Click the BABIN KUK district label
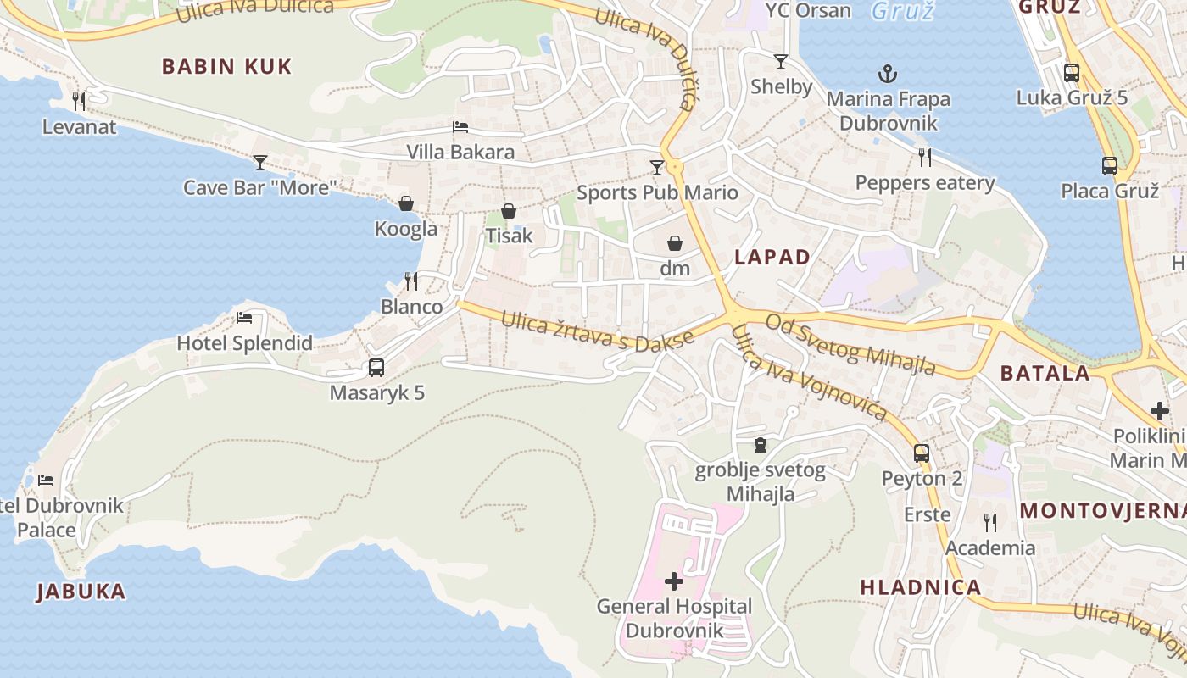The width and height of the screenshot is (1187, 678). click(226, 67)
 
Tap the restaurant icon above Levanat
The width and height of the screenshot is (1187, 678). click(79, 102)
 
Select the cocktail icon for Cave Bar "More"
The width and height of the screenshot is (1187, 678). click(259, 162)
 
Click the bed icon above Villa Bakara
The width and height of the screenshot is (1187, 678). click(460, 127)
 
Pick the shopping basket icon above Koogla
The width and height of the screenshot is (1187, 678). click(406, 203)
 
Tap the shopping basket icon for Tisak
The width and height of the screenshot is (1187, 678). click(508, 210)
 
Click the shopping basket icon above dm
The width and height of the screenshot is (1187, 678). click(675, 244)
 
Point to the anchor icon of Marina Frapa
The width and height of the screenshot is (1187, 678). click(888, 74)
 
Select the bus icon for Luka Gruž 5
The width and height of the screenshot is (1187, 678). click(1072, 73)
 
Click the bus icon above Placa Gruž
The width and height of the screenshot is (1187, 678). click(1109, 166)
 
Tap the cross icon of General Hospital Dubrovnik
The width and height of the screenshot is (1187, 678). click(674, 581)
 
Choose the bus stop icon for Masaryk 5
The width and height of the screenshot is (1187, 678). click(376, 368)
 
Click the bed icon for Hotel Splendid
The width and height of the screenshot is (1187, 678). click(244, 318)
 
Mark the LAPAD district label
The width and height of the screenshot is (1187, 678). click(772, 258)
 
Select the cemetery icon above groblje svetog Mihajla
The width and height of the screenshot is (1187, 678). click(761, 446)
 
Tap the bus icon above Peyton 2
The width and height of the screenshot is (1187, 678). click(922, 453)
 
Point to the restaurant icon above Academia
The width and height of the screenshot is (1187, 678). click(989, 522)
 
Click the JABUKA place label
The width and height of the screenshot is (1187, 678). click(81, 592)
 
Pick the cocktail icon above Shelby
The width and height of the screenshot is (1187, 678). click(780, 61)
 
